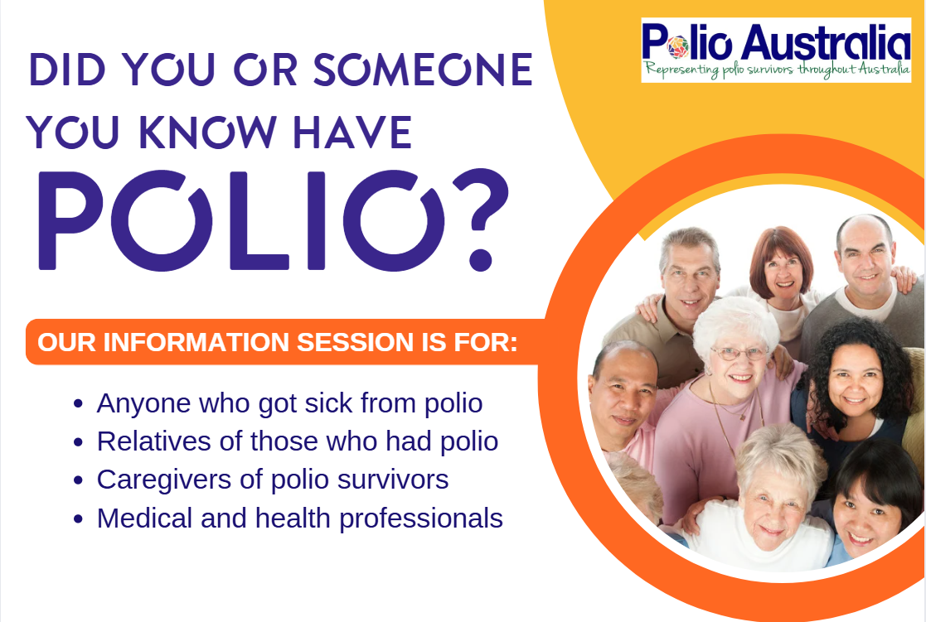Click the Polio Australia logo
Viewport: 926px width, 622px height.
coord(776,51)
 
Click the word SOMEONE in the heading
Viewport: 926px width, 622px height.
coord(423,70)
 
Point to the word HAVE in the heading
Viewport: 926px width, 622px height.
coord(352,133)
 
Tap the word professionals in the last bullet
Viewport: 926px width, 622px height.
coord(421,519)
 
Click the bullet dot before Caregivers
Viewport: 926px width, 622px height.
coord(78,480)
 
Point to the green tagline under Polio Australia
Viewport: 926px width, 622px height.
coord(777,70)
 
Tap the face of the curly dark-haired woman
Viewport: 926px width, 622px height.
coord(856,381)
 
